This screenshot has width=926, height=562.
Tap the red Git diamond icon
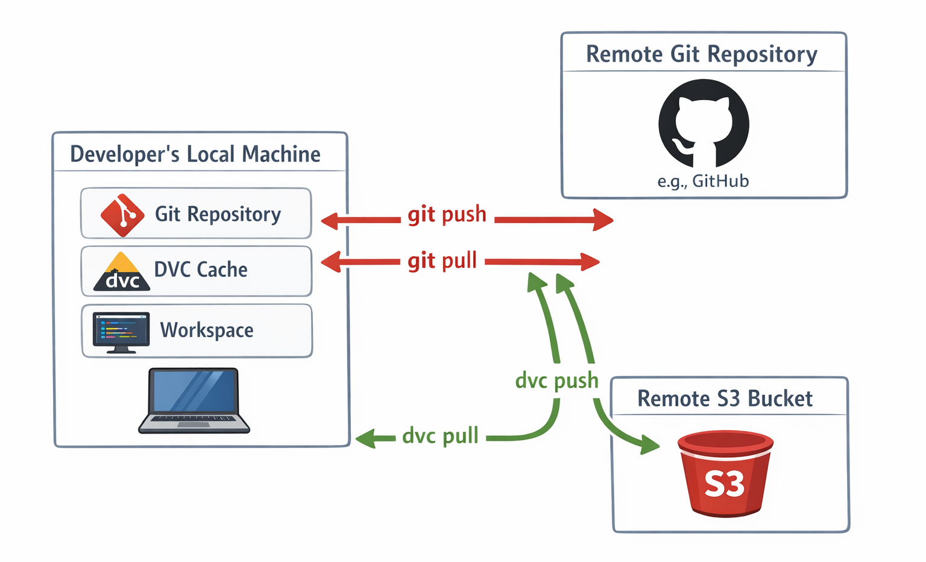tap(122, 215)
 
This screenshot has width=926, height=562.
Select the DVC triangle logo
tap(122, 272)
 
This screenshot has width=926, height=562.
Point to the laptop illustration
tap(194, 400)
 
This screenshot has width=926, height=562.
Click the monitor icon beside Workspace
tap(121, 332)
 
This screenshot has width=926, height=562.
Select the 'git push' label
tap(447, 214)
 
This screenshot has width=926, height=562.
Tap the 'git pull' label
tap(442, 260)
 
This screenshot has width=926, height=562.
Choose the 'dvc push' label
tap(556, 380)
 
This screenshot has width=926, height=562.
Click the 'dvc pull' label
tap(440, 435)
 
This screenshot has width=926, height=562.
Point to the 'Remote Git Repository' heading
tap(702, 54)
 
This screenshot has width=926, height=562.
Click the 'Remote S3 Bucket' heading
tap(725, 399)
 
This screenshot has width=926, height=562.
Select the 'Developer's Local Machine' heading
tap(195, 154)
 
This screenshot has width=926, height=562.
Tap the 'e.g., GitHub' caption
tap(703, 181)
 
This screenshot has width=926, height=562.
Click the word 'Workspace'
tap(207, 330)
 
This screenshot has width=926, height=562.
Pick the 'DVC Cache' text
tap(201, 270)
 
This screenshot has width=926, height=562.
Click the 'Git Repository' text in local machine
tap(218, 214)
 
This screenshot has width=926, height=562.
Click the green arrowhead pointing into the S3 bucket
tap(649, 445)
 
